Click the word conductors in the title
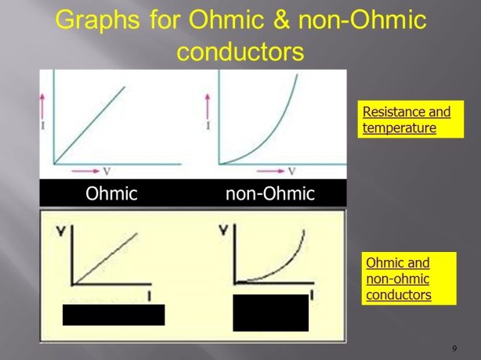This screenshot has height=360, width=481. (240, 52)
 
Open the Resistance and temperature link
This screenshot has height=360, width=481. (406, 119)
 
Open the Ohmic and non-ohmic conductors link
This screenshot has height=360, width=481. (398, 279)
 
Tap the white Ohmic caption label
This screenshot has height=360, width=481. (111, 193)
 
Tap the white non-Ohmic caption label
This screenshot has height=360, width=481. (269, 193)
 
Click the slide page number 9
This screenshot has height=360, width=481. (454, 347)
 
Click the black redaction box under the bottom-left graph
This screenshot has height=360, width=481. (114, 315)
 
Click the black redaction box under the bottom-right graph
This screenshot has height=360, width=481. (270, 312)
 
